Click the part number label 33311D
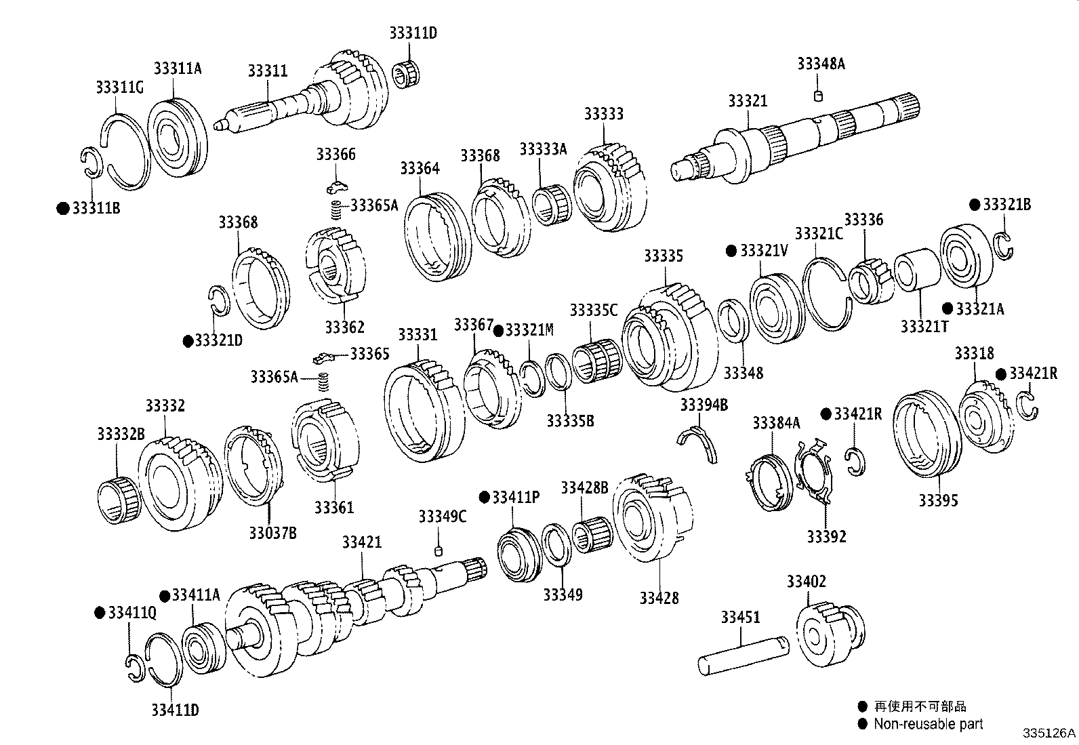pos(413,33)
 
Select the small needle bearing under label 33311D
pos(405,75)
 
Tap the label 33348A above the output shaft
pos(821,64)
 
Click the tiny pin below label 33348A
pos(818,96)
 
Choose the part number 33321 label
pos(748,101)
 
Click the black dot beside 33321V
pos(731,251)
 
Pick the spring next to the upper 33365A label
pos(336,209)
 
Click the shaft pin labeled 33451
pos(744,656)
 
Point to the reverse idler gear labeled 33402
pos(830,633)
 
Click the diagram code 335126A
pos(1049,733)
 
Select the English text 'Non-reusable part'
pos(929,724)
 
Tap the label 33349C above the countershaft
pos(442,517)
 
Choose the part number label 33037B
pos(272,533)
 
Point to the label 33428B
pos(584,487)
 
